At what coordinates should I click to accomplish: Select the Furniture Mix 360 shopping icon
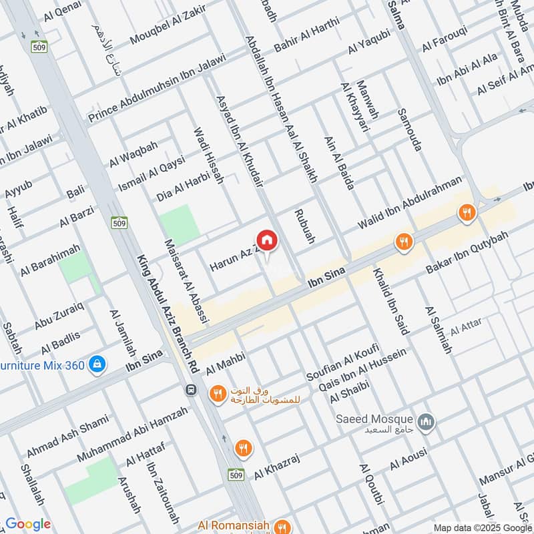97,364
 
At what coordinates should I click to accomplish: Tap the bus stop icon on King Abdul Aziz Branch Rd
192,390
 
